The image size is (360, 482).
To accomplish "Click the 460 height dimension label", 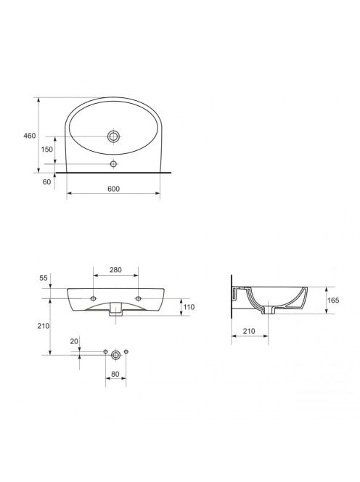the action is coord(30,136).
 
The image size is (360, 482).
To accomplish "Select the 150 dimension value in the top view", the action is coord(47,150).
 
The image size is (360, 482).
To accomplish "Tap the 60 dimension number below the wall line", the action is coord(46,182).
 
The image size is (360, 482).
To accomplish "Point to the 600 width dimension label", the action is coord(113,189).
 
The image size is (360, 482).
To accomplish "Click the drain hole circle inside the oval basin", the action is coord(113,136).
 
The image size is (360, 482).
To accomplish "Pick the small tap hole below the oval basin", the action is coord(113,164).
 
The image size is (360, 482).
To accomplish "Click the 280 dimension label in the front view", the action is coord(115,270).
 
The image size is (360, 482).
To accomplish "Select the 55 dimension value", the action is coord(44,278).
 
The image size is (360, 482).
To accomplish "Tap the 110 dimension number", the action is coord(189,307).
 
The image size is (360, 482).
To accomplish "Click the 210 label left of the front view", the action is coord(44,326).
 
